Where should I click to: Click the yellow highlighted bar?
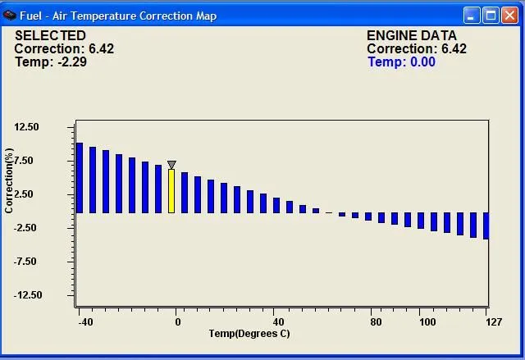pos(171,191)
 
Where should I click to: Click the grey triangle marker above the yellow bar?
pos(171,165)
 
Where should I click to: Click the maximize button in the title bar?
pos(491,15)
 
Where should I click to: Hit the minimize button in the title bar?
pos(472,15)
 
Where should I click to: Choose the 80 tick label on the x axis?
pos(376,322)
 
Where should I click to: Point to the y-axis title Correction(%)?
pos(9,181)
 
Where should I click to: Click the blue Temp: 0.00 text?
pos(401,62)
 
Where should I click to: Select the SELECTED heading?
pos(50,36)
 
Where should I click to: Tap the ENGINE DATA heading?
pos(407,36)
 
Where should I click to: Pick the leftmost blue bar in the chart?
pos(80,178)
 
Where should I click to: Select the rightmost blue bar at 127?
pos(486,226)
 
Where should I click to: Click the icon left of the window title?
pos(10,15)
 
